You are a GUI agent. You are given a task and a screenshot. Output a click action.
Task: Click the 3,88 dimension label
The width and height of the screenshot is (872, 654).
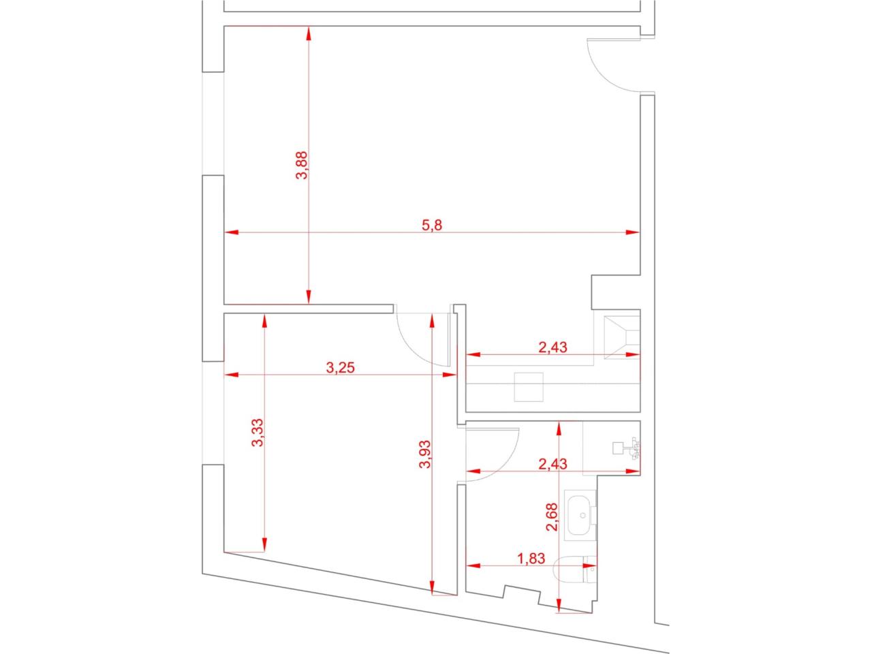302,166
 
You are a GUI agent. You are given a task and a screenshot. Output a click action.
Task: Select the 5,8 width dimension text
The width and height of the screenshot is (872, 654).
431,225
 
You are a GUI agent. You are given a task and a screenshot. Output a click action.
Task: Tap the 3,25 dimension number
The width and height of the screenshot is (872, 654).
340,368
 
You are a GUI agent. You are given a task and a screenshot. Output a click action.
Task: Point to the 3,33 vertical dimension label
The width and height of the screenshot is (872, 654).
258,433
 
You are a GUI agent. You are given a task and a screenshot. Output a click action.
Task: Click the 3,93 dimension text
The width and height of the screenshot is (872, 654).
425,454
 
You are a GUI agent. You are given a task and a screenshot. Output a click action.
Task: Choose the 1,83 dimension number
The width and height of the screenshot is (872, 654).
531,559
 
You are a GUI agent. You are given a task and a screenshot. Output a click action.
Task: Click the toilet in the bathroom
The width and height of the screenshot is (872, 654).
575,570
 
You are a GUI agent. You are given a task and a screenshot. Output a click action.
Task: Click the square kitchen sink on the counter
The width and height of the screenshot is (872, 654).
529,387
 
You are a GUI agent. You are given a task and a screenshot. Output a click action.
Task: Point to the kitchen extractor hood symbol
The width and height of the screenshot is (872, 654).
622,337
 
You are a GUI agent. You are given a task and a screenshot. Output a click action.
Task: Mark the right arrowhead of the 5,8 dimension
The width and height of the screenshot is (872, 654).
633,232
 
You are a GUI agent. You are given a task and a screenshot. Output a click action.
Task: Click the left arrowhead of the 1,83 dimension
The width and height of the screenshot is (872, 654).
473,565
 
